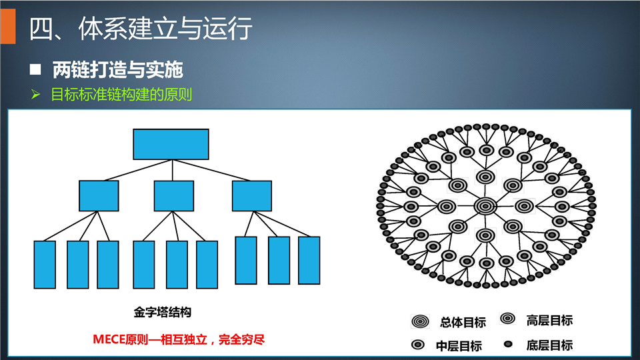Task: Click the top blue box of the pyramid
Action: [171, 144]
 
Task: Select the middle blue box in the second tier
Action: [174, 196]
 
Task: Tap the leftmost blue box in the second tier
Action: [99, 196]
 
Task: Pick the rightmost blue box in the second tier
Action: [252, 196]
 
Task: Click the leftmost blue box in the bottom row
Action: [45, 265]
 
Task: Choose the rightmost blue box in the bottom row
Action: [309, 261]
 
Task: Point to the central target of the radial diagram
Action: [486, 206]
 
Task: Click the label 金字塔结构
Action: [163, 312]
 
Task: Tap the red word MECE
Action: [109, 339]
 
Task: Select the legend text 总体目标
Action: [463, 323]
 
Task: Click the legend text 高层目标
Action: [549, 321]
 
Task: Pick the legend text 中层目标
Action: [459, 346]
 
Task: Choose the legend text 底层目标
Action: [549, 345]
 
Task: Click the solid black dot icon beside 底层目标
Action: [508, 344]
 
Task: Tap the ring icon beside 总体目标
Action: [421, 321]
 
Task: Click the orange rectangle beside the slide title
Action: [8, 26]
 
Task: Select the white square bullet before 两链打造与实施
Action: [35, 69]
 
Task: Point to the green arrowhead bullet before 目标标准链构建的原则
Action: [35, 95]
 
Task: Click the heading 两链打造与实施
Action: [117, 70]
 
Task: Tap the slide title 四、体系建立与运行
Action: [141, 28]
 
